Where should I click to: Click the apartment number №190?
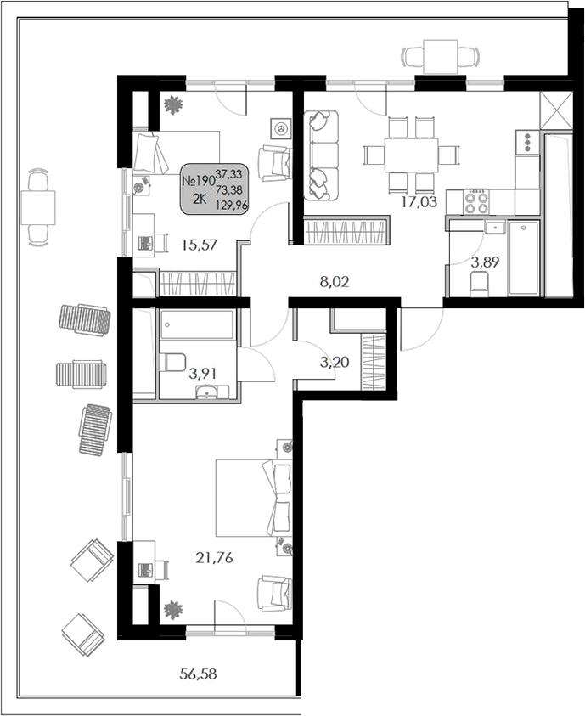pos(199,180)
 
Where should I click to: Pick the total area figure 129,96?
pos(234,205)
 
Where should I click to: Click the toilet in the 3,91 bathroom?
pos(172,363)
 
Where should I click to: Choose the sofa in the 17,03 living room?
pos(321,155)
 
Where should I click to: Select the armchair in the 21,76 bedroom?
pos(274,593)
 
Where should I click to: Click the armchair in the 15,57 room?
pos(274,161)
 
